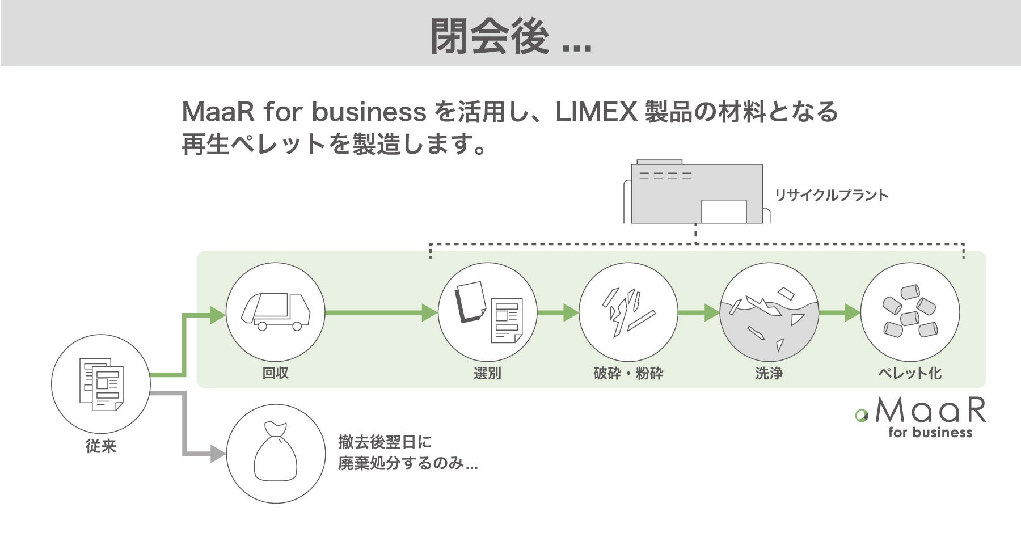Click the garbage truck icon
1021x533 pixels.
click(276, 312)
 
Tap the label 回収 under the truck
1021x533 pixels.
click(276, 373)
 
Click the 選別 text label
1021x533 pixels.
click(487, 373)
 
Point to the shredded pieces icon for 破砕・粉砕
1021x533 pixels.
click(628, 312)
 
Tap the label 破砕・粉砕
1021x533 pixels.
click(628, 373)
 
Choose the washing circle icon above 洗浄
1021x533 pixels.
click(769, 312)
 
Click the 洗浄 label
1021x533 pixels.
click(769, 373)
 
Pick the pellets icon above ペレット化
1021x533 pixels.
click(910, 312)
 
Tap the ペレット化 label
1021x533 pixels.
click(910, 373)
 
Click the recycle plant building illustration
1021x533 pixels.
click(697, 193)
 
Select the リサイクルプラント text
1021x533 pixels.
click(832, 196)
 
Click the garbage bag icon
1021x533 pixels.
click(276, 453)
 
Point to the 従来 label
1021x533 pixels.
click(101, 447)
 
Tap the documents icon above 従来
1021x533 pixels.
click(101, 383)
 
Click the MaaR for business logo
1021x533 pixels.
click(922, 417)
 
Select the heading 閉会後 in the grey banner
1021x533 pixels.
click(489, 37)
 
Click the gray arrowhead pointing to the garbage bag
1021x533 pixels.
click(218, 454)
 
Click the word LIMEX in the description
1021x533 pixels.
click(597, 112)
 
